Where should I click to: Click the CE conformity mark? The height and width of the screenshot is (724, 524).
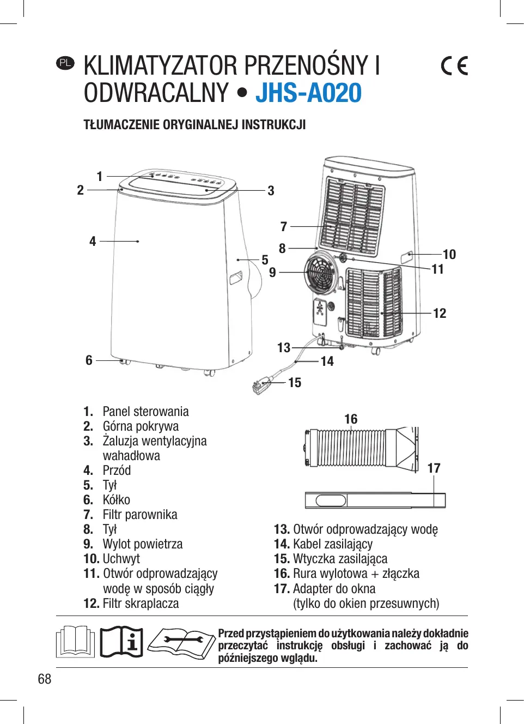[x=454, y=66]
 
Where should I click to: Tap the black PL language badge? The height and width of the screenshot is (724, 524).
[x=65, y=63]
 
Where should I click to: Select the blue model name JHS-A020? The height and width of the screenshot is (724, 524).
[x=308, y=93]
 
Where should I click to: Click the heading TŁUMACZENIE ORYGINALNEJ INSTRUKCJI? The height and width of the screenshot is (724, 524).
[x=194, y=125]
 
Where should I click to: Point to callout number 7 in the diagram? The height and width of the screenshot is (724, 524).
[x=283, y=226]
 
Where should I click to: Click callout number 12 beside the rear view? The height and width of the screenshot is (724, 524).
[x=440, y=313]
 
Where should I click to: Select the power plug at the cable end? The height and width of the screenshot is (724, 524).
[x=261, y=385]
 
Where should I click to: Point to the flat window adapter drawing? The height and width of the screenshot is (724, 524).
[x=375, y=500]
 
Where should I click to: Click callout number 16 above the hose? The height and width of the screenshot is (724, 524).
[x=351, y=419]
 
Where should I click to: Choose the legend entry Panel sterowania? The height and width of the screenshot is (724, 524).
[x=145, y=412]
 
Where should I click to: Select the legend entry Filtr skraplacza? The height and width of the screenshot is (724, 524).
[x=141, y=604]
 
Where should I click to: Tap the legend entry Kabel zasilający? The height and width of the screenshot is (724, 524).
[x=333, y=544]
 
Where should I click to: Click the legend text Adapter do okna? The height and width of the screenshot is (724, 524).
[x=334, y=589]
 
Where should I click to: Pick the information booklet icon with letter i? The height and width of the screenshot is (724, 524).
[x=122, y=642]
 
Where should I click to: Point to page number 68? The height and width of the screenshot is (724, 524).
[x=45, y=679]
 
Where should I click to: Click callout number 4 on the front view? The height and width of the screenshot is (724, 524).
[x=93, y=241]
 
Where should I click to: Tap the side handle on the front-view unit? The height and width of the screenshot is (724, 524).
[x=236, y=277]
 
